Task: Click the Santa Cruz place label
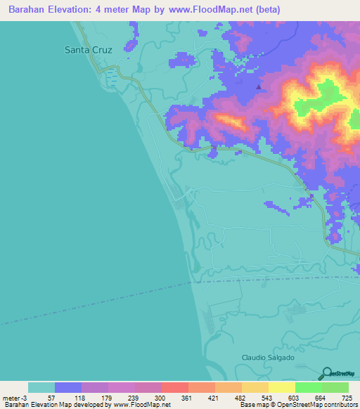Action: point(88,50)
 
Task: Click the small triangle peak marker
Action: point(259,88)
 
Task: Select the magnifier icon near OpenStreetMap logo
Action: point(328,372)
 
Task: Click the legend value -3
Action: point(25,398)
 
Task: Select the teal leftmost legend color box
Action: point(41,387)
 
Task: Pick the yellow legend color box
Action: point(281,387)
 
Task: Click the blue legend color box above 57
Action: point(68,387)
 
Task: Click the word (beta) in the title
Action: point(268,10)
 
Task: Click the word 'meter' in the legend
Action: point(11,398)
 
